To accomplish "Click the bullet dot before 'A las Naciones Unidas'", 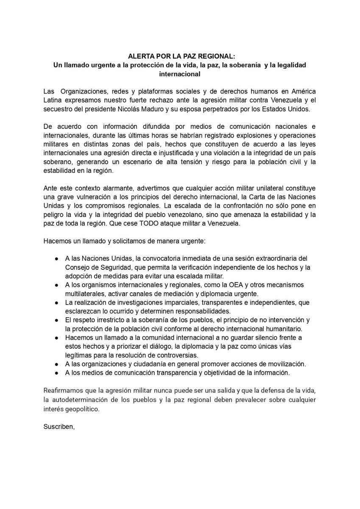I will coord(56,259).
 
